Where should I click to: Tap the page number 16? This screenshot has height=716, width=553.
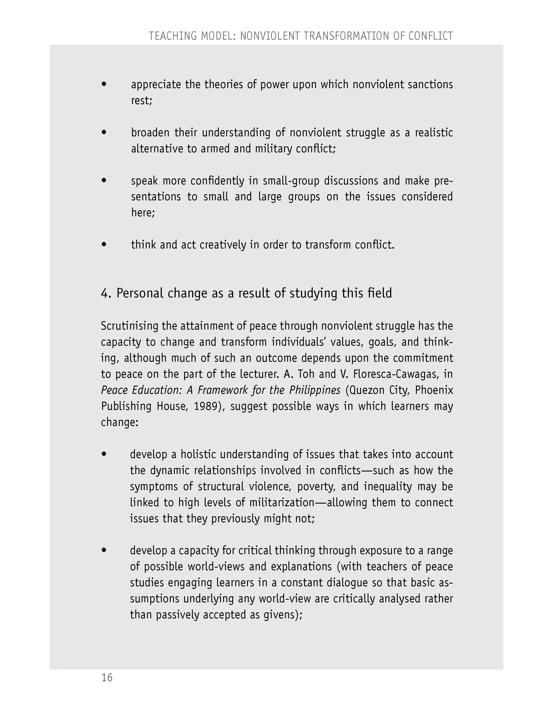pyautogui.click(x=107, y=677)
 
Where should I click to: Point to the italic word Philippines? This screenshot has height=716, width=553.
pyautogui.click(x=314, y=390)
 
